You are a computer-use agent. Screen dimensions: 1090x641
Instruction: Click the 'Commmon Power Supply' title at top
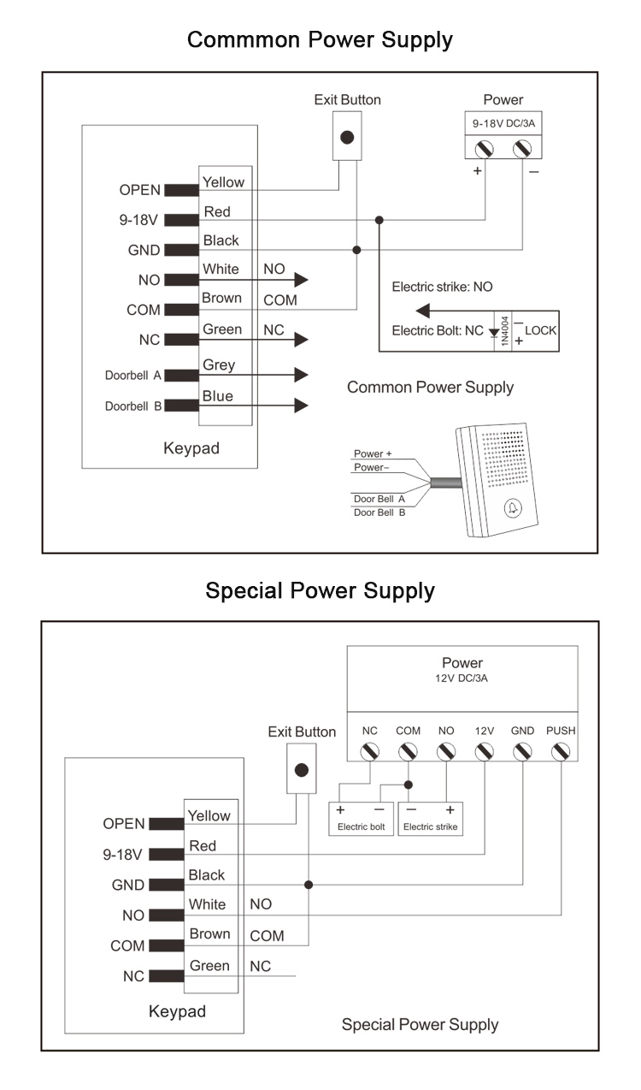click(x=320, y=39)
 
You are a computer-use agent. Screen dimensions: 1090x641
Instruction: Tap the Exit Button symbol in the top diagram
click(x=347, y=137)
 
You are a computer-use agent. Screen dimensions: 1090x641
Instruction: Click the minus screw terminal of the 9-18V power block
click(x=522, y=149)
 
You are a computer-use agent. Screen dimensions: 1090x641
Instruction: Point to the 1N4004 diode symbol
click(x=494, y=330)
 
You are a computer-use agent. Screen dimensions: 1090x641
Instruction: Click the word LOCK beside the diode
click(x=541, y=329)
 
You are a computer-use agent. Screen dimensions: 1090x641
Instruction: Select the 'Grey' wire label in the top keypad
click(x=219, y=365)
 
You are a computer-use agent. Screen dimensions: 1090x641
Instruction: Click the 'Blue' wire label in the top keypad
click(x=218, y=396)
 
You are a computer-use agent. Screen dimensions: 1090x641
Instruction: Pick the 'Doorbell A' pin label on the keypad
click(x=133, y=376)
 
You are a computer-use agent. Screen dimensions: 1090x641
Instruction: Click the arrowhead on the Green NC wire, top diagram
click(x=300, y=340)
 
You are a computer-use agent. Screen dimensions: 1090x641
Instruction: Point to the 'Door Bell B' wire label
click(x=379, y=512)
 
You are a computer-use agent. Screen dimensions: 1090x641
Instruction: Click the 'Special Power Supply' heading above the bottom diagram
click(x=320, y=590)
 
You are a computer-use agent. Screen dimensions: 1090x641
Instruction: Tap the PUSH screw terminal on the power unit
click(x=561, y=752)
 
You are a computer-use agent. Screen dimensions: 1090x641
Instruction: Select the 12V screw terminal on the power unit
click(x=485, y=752)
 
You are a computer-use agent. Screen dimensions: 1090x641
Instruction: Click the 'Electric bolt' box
click(x=361, y=819)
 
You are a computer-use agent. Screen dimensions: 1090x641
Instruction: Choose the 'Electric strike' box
click(x=430, y=819)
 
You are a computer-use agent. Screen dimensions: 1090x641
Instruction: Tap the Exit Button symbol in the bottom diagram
click(x=301, y=769)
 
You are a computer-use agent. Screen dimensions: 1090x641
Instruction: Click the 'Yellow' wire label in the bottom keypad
click(x=209, y=815)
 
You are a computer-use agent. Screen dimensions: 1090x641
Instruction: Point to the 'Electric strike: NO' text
click(x=442, y=287)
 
